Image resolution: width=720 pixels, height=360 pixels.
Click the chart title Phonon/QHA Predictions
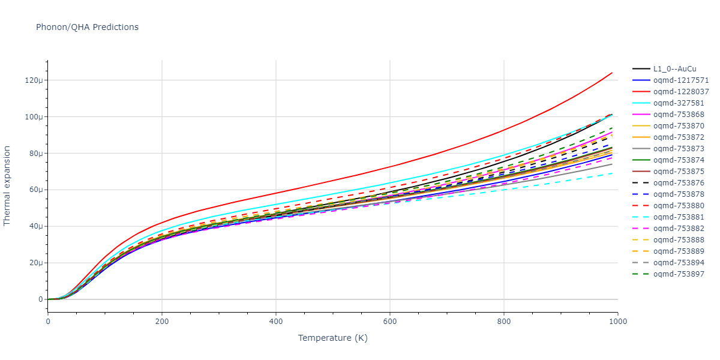click(x=87, y=27)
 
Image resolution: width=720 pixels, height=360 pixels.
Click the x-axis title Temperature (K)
click(x=332, y=338)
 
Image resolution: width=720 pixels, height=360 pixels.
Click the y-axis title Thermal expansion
click(x=7, y=185)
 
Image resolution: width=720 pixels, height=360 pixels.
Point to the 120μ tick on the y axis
click(x=34, y=80)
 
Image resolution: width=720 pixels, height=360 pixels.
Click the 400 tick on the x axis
click(x=275, y=321)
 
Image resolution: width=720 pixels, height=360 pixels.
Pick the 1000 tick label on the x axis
click(x=617, y=321)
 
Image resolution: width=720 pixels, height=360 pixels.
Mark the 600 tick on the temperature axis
click(x=389, y=321)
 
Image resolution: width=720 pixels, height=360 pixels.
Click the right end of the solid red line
click(x=612, y=73)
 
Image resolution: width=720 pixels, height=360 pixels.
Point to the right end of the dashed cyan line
click(x=612, y=173)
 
